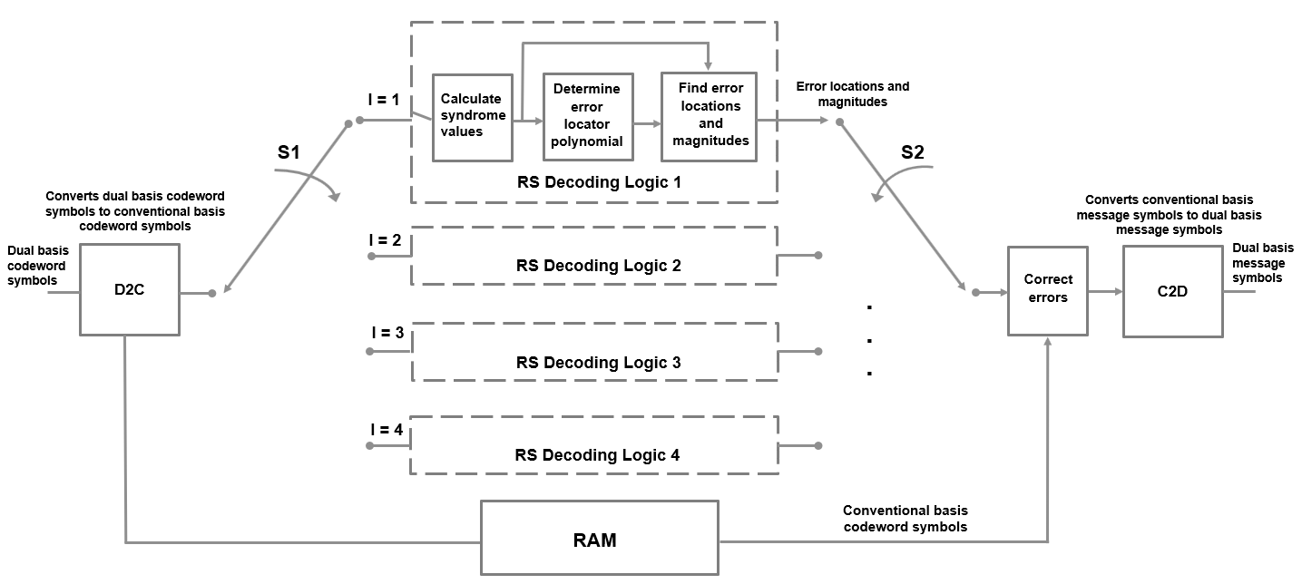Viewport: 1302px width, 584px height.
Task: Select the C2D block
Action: [1173, 292]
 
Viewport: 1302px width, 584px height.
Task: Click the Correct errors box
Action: [1048, 290]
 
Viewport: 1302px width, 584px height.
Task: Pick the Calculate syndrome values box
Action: [471, 115]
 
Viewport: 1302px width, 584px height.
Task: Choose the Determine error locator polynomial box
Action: [588, 115]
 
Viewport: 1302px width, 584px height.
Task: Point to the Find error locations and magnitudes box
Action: [710, 115]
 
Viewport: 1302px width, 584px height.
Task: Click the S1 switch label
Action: [289, 152]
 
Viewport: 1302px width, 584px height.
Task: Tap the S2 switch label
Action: [913, 152]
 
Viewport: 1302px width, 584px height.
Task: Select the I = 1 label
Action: [384, 100]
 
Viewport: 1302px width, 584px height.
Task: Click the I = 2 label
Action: [385, 240]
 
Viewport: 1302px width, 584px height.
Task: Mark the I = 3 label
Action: [385, 333]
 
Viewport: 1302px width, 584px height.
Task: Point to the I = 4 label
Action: [385, 430]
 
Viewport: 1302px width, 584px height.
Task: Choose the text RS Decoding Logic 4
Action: [597, 455]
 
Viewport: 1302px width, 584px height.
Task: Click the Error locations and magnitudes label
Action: [852, 94]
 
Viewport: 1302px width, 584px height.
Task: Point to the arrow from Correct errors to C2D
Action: [1105, 292]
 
